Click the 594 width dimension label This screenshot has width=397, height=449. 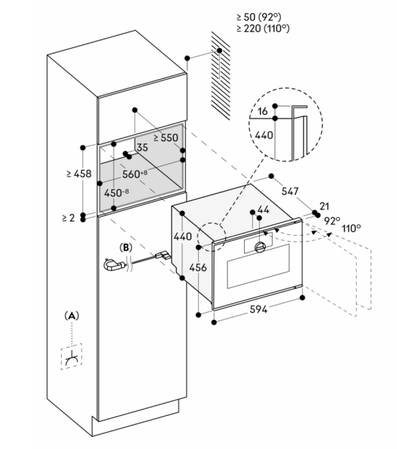pyautogui.click(x=258, y=309)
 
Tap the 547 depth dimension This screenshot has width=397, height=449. pyautogui.click(x=290, y=191)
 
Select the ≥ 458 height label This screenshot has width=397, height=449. pyautogui.click(x=79, y=174)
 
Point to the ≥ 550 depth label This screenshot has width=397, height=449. pyautogui.click(x=166, y=138)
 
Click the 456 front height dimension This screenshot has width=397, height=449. pyautogui.click(x=198, y=268)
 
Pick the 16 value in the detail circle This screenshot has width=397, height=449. pyautogui.click(x=263, y=111)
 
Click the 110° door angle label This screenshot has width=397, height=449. pyautogui.click(x=351, y=228)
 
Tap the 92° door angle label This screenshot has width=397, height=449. pyautogui.click(x=332, y=221)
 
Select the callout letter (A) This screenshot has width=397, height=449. pyautogui.click(x=71, y=316)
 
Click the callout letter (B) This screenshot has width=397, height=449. pyautogui.click(x=126, y=247)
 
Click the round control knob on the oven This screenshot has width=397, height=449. pyautogui.click(x=260, y=247)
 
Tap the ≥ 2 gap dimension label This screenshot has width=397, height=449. pyautogui.click(x=68, y=218)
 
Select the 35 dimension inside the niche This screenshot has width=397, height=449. pyautogui.click(x=142, y=148)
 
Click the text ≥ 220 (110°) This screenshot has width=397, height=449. pyautogui.click(x=263, y=29)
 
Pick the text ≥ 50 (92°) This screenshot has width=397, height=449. pyautogui.click(x=259, y=17)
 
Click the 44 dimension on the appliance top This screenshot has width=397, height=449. pyautogui.click(x=263, y=209)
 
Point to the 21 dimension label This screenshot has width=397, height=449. pyautogui.click(x=324, y=206)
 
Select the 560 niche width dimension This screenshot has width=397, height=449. pyautogui.click(x=135, y=174)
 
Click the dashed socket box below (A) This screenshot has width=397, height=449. pyautogui.click(x=71, y=356)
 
